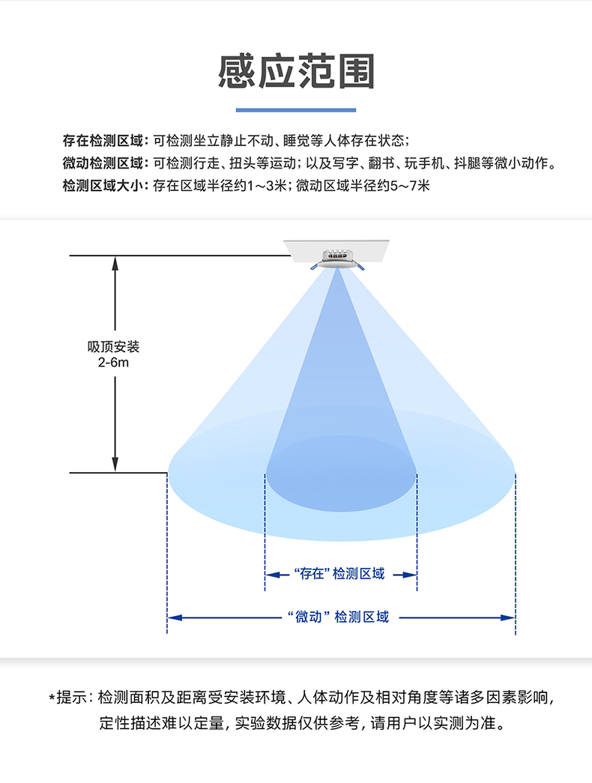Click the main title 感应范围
pos(296,73)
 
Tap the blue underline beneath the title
pos(296,110)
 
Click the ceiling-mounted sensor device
pos(338,259)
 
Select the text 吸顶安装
pos(114,347)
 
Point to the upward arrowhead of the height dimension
pos(115,262)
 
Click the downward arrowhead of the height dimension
pos(115,466)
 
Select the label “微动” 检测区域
pos(339,617)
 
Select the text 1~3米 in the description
pos(268,186)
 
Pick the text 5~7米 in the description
pos(411,186)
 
